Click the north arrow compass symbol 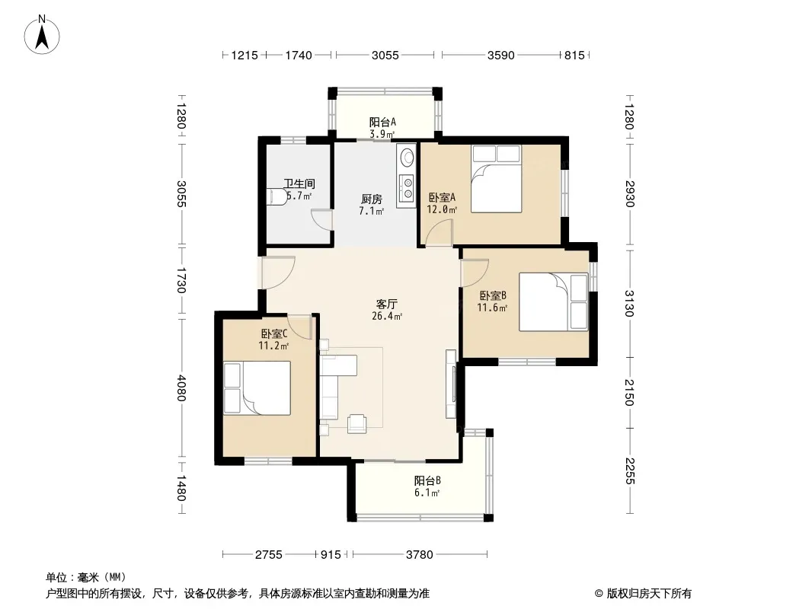tap(41, 35)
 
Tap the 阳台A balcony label tap(382, 122)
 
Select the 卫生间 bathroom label tap(299, 183)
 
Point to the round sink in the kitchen tap(408, 157)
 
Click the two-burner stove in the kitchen tap(408, 187)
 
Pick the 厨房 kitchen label tap(371, 199)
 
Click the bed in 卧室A tap(496, 178)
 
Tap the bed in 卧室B tap(554, 302)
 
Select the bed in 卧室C tap(257, 388)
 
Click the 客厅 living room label tap(386, 304)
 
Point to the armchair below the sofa tap(356, 423)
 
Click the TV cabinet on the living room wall tap(451, 384)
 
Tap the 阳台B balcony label tap(427, 480)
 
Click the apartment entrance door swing tap(277, 273)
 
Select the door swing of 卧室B tap(475, 273)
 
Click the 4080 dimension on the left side tap(181, 388)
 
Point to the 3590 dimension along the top tap(500, 55)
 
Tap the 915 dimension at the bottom tap(331, 555)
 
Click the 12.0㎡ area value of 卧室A tap(442, 209)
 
